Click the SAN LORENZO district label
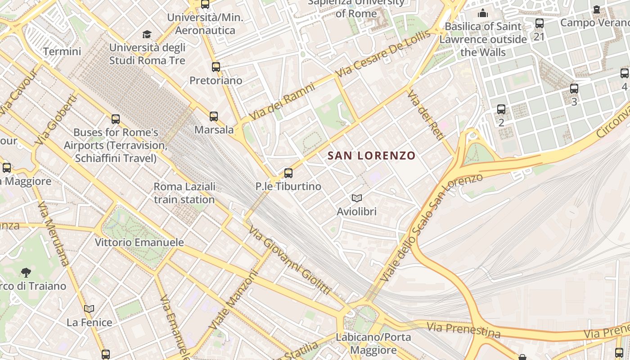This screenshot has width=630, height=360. tap(371, 156)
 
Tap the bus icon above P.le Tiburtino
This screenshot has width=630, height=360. tap(288, 173)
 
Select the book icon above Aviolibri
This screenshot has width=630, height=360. tap(357, 198)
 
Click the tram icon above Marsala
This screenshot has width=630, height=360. tap(214, 117)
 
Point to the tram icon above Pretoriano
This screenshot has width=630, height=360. tap(216, 67)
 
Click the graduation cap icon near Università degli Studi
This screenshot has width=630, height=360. tap(147, 34)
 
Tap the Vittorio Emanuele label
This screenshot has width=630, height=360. tap(139, 242)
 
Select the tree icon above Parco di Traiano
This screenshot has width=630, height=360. tap(26, 272)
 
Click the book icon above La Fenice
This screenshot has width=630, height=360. tap(89, 309)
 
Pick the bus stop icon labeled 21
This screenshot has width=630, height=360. tap(539, 23)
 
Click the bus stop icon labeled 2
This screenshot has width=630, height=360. tap(501, 109)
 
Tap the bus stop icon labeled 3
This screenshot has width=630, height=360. tap(574, 89)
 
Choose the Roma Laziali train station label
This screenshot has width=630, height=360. tap(184, 193)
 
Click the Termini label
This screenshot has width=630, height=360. tap(62, 51)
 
